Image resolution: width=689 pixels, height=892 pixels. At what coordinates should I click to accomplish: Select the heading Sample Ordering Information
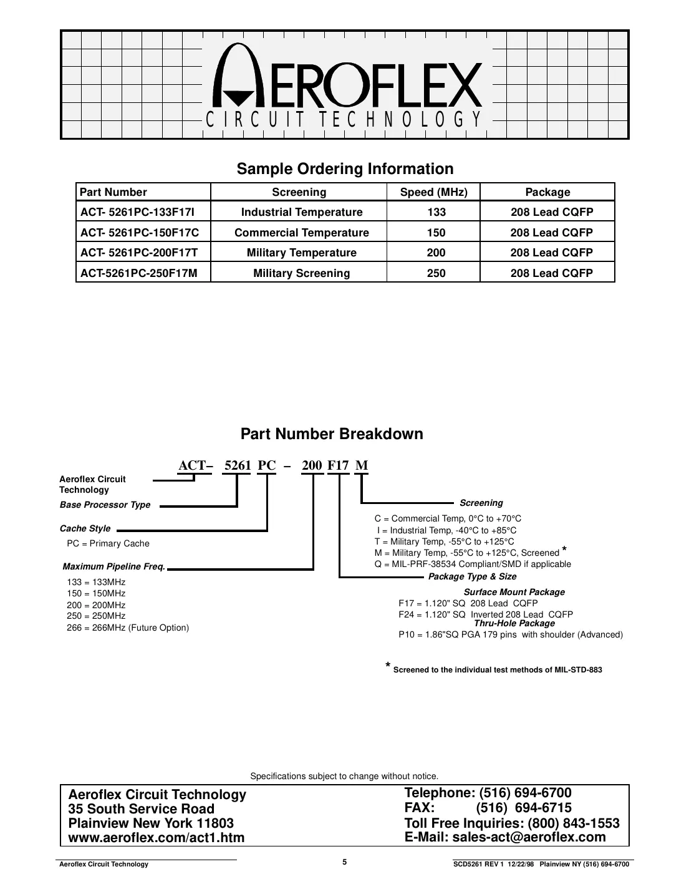(345, 169)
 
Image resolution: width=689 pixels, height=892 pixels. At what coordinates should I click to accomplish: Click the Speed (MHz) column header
(433, 192)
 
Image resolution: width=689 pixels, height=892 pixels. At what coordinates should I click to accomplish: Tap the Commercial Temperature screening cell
(302, 233)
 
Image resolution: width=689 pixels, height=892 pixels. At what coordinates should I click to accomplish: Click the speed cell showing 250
(436, 273)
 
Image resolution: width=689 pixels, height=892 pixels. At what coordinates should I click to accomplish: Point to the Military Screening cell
(302, 273)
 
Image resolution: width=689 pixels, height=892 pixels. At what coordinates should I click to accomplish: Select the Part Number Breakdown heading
(332, 434)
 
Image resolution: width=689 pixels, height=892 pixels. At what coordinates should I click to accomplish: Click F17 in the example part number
(338, 465)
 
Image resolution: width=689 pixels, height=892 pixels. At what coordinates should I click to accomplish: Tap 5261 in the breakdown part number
(237, 465)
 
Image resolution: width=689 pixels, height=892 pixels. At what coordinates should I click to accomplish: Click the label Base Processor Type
(105, 505)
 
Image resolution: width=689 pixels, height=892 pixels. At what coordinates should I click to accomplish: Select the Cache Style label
(85, 528)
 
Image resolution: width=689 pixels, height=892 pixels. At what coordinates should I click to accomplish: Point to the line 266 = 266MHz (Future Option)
(128, 628)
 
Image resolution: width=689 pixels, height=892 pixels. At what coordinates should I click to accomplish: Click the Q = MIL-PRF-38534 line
(473, 564)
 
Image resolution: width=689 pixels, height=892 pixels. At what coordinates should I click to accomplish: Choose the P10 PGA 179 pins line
(510, 634)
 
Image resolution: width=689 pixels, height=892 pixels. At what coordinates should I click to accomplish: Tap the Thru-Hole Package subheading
(514, 623)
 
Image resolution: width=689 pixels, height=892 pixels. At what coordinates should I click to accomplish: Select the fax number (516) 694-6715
(524, 808)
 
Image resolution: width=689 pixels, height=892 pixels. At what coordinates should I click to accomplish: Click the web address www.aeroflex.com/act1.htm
(157, 838)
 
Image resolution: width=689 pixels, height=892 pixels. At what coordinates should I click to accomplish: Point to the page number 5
(345, 862)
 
